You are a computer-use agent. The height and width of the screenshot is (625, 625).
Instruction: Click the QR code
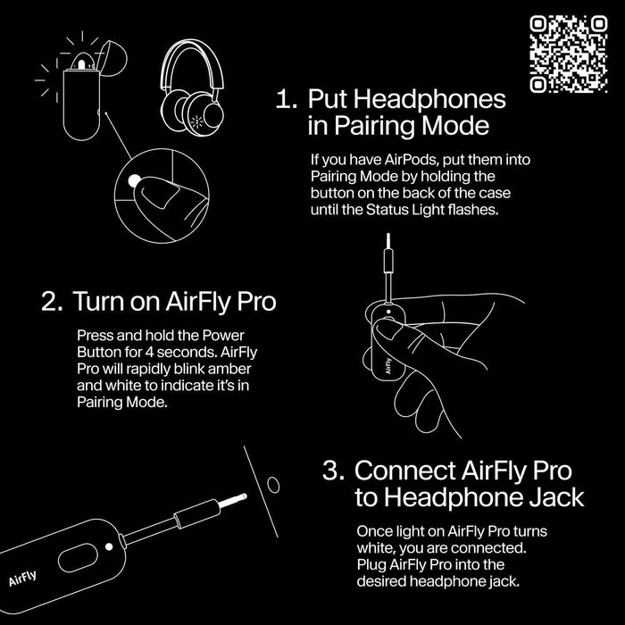(x=567, y=54)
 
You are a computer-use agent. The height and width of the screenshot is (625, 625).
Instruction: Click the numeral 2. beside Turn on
(x=52, y=301)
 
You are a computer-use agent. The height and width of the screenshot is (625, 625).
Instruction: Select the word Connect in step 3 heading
(x=407, y=470)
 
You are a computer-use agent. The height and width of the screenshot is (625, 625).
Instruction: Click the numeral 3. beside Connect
(x=334, y=470)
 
